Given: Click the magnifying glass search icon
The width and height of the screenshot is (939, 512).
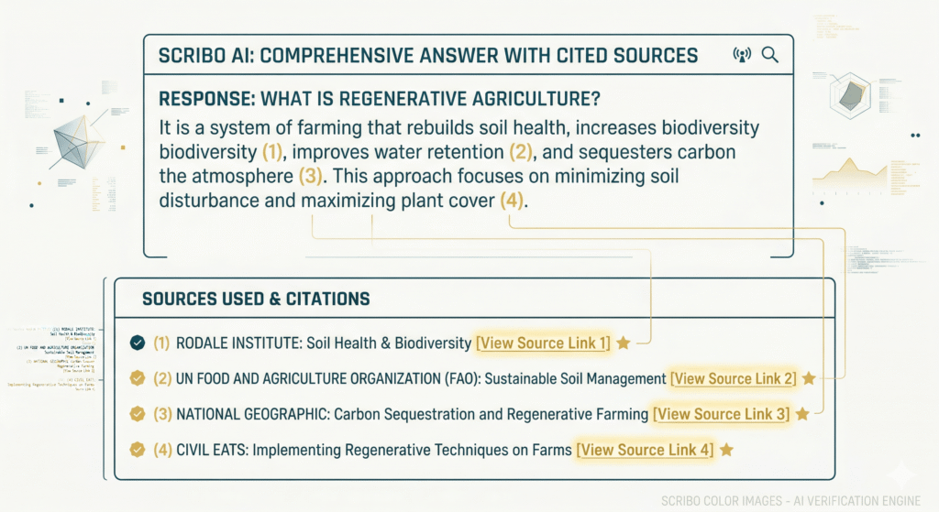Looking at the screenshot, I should pyautogui.click(x=770, y=55).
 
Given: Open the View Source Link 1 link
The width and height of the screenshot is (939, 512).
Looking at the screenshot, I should pyautogui.click(x=542, y=343).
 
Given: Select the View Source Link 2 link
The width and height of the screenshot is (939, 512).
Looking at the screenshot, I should pyautogui.click(x=733, y=378).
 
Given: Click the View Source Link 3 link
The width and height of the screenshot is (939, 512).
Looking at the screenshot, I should pyautogui.click(x=720, y=414).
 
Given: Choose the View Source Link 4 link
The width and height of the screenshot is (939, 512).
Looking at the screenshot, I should pyautogui.click(x=644, y=450).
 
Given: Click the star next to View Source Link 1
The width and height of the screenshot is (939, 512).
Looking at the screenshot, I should pyautogui.click(x=623, y=343).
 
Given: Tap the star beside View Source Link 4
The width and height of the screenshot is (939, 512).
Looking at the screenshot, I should pyautogui.click(x=726, y=450).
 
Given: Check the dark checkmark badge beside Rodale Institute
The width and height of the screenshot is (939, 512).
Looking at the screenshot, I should pyautogui.click(x=138, y=343).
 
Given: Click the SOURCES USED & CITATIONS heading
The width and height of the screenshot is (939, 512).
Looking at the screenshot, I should pyautogui.click(x=256, y=300).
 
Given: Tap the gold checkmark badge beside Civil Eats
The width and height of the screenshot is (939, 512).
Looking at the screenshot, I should pyautogui.click(x=138, y=450).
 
